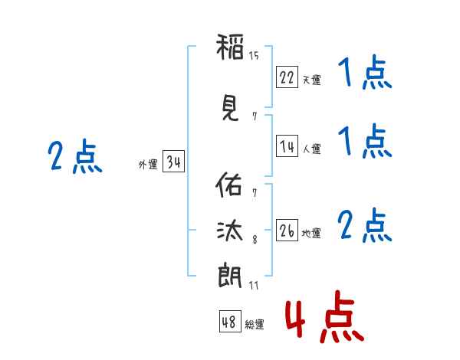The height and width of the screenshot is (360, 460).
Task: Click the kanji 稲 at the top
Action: pyautogui.click(x=230, y=47)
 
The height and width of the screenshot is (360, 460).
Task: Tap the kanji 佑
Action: pyautogui.click(x=228, y=185)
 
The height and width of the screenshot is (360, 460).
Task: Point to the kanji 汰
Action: pyautogui.click(x=230, y=231)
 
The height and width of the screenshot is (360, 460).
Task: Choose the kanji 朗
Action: pyautogui.click(x=230, y=277)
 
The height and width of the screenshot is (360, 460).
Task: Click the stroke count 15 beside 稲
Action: pyautogui.click(x=254, y=55)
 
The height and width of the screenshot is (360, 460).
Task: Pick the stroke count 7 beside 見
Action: pyautogui.click(x=255, y=116)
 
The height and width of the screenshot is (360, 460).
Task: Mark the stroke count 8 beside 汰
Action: pyautogui.click(x=255, y=240)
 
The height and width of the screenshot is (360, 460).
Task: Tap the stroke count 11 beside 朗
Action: pyautogui.click(x=254, y=285)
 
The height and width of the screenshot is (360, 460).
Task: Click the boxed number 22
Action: pyautogui.click(x=287, y=77)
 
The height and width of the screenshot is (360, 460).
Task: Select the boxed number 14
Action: pyautogui.click(x=287, y=146)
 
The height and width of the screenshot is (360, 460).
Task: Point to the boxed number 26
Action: pyautogui.click(x=287, y=230)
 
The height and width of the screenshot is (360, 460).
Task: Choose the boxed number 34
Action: pyautogui.click(x=173, y=162)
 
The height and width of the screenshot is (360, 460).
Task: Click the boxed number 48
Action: pyautogui.click(x=230, y=322)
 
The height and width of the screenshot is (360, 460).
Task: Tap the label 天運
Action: pyautogui.click(x=312, y=80)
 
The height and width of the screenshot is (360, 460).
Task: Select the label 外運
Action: pyautogui.click(x=148, y=164)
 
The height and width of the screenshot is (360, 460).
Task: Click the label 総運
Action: pyautogui.click(x=255, y=324)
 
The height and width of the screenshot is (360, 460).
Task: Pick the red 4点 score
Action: pyautogui.click(x=325, y=316)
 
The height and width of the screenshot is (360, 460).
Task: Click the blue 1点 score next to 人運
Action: pyautogui.click(x=365, y=141)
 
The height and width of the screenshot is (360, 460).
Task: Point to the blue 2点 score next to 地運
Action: pyautogui.click(x=365, y=225)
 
